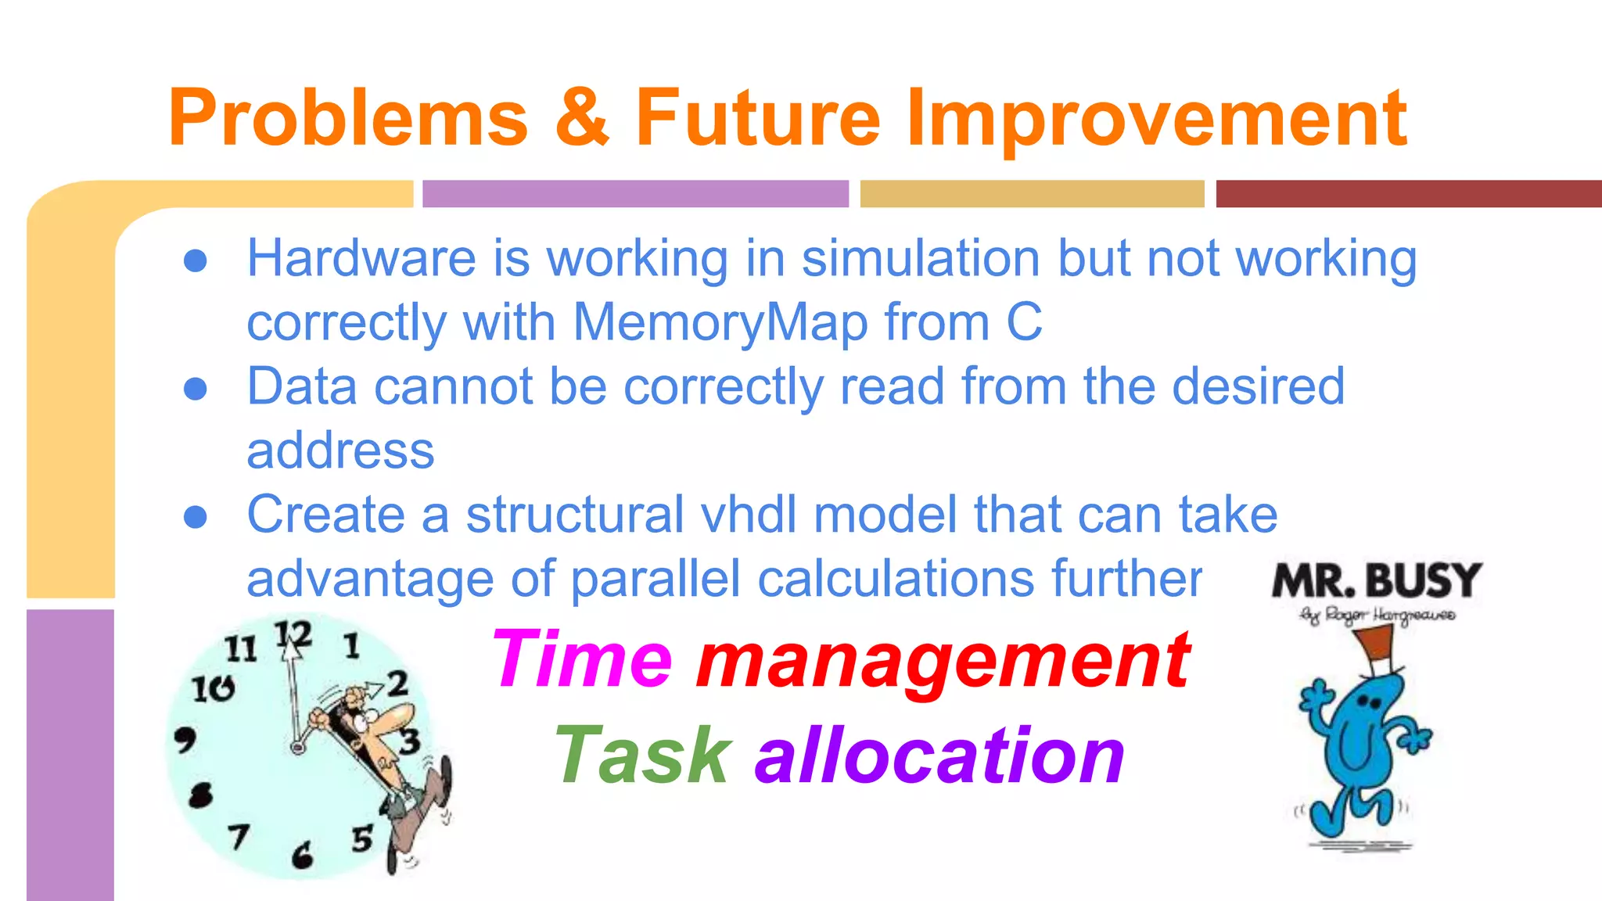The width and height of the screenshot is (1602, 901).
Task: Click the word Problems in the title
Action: pyautogui.click(x=348, y=119)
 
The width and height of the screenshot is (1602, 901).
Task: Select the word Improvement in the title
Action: pyautogui.click(x=1156, y=119)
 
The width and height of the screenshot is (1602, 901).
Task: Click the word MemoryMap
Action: pyautogui.click(x=720, y=322)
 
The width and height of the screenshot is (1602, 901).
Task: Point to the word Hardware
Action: pyautogui.click(x=361, y=258)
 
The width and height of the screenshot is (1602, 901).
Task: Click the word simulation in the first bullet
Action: pyautogui.click(x=921, y=258)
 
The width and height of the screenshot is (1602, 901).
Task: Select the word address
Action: pyautogui.click(x=340, y=450)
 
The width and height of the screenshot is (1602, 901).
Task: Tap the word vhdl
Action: pyautogui.click(x=749, y=515)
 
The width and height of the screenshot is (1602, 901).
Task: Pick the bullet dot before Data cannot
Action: pyautogui.click(x=196, y=389)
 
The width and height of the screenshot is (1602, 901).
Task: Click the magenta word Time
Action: pyautogui.click(x=582, y=660)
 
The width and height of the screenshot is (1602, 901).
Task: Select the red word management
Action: pyautogui.click(x=943, y=662)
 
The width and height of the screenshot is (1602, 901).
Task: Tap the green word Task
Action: pyautogui.click(x=643, y=756)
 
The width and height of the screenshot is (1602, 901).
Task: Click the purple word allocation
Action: pyautogui.click(x=939, y=756)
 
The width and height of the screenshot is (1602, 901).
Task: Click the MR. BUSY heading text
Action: pyautogui.click(x=1377, y=580)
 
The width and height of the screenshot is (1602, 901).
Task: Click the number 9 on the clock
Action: pyautogui.click(x=185, y=738)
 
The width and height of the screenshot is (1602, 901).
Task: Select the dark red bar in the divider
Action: pyautogui.click(x=1408, y=193)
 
